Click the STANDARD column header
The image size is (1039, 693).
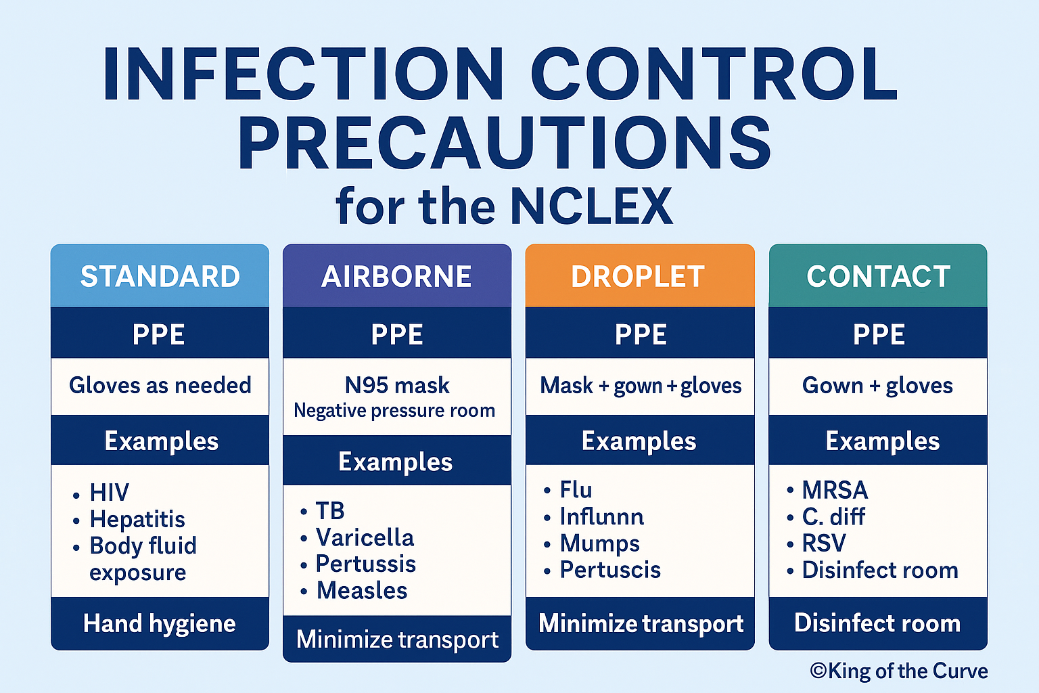[160, 276]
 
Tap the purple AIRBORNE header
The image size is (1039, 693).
[396, 276]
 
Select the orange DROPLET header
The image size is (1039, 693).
[639, 276]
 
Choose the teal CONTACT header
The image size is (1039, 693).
[878, 276]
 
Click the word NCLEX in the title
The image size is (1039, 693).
[591, 206]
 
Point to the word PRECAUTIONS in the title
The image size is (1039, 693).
[505, 143]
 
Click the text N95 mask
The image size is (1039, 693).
[397, 385]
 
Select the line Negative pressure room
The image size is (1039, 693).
[394, 410]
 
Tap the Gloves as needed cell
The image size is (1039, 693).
[160, 385]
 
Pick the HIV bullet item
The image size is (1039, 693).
[109, 493]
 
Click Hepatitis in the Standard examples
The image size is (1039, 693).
[137, 519]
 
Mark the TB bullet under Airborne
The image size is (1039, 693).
[330, 510]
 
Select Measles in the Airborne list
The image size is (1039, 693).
[362, 591]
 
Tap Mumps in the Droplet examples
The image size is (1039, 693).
[599, 543]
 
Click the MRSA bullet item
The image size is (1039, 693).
[835, 490]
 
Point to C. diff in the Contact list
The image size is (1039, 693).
[833, 517]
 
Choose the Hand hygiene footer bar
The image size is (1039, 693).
[160, 623]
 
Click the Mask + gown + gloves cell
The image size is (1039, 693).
[641, 386]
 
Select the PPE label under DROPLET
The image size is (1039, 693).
[641, 334]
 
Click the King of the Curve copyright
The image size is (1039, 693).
[899, 671]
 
